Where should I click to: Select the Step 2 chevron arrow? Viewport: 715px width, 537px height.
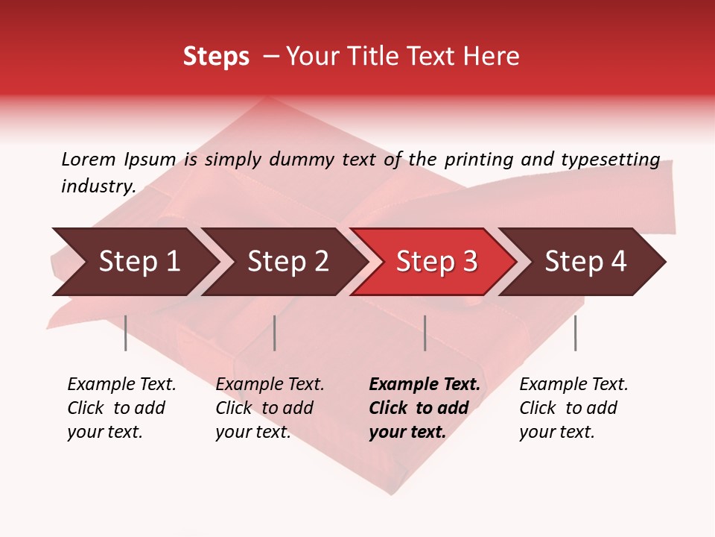pos(287,262)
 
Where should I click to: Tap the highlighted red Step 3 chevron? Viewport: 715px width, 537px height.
pos(436,262)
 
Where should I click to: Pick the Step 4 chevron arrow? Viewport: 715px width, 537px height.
pos(585,262)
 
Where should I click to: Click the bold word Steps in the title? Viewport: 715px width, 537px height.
pos(216,57)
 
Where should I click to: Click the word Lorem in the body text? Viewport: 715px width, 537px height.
pos(88,159)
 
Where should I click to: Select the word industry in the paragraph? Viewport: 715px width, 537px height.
pos(98,186)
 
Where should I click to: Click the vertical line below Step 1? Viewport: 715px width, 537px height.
pos(125,333)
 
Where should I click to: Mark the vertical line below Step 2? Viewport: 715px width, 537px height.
pos(274,333)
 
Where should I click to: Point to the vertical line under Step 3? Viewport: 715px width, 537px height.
pos(425,333)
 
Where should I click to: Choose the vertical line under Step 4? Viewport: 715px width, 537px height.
pos(575,333)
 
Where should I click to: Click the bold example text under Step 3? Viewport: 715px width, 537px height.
pos(423,408)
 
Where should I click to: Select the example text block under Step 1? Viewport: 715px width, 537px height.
pos(121,408)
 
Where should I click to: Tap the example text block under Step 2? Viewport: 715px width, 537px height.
pos(269,408)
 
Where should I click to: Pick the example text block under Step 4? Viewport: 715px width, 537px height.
pos(573,408)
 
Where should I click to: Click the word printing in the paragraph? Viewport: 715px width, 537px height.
pos(474,159)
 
